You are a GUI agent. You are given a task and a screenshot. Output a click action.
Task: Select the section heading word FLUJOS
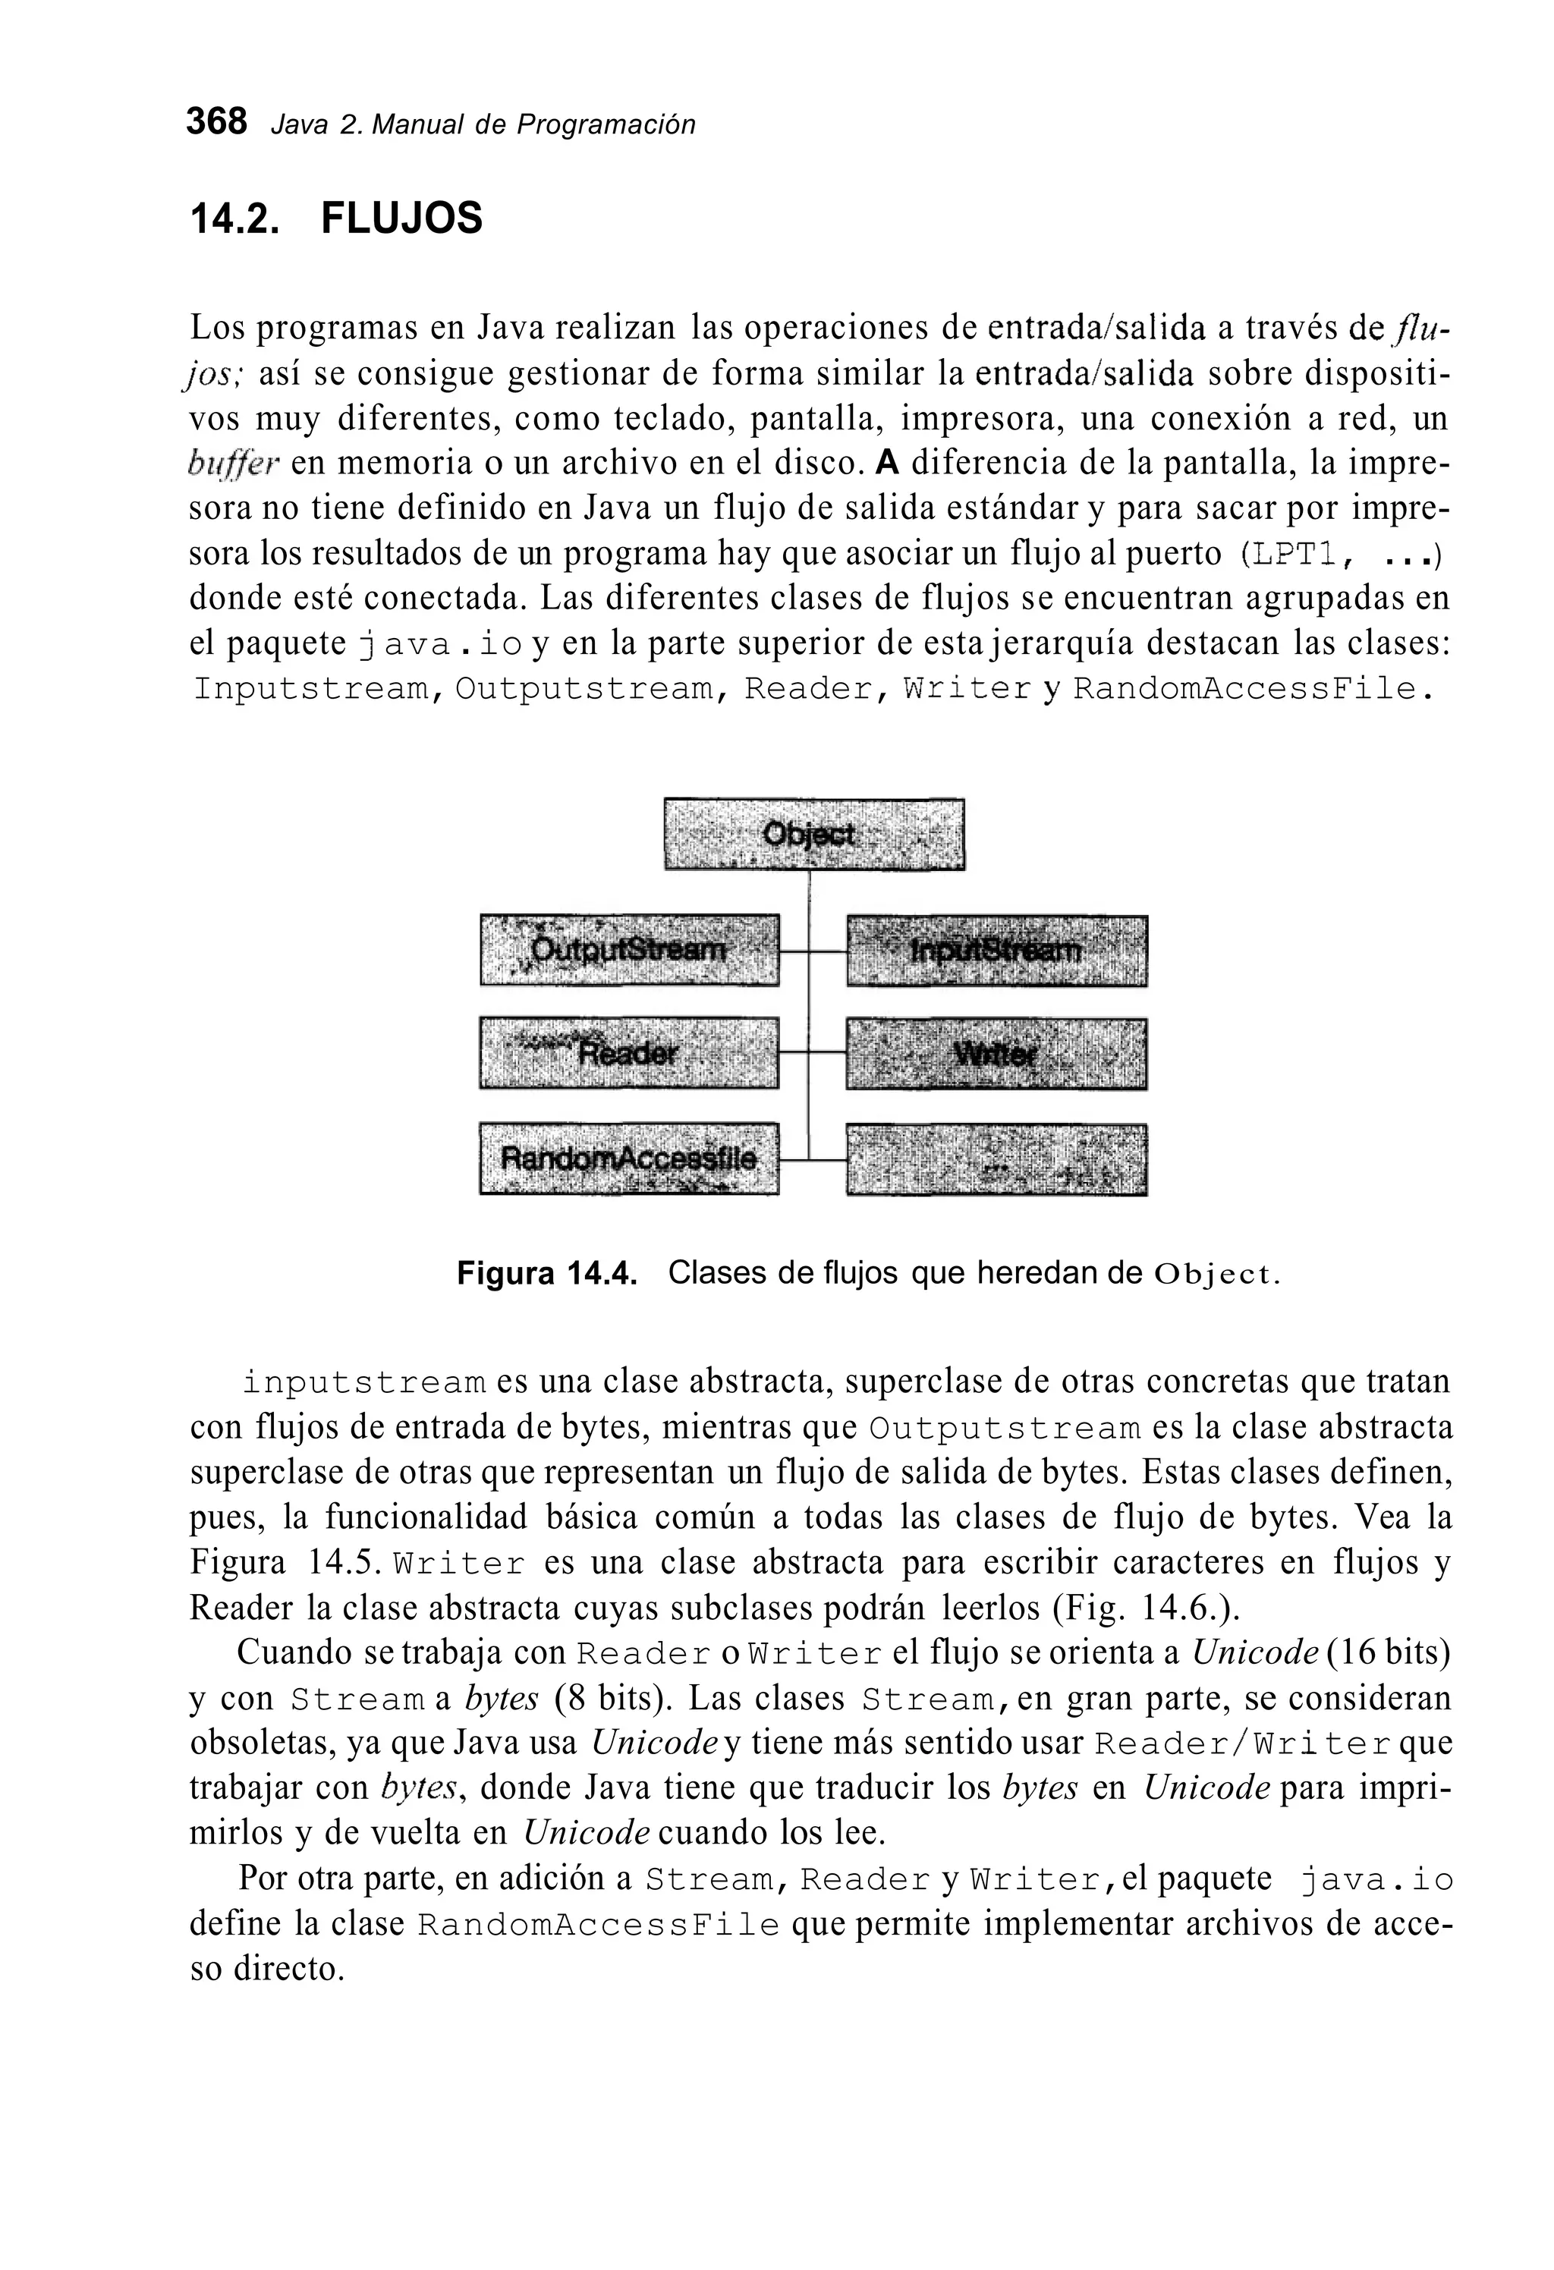pyautogui.click(x=401, y=218)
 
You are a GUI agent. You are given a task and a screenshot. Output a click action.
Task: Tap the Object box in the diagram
pyautogui.click(x=813, y=834)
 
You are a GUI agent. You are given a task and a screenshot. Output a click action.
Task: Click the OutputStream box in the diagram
pyautogui.click(x=629, y=949)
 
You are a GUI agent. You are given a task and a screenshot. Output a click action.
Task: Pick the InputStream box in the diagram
pyautogui.click(x=996, y=951)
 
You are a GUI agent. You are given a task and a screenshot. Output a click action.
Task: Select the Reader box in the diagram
pyautogui.click(x=629, y=1053)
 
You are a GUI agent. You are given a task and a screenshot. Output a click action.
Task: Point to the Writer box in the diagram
pyautogui.click(x=996, y=1054)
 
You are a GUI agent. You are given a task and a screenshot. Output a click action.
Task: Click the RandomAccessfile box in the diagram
pyautogui.click(x=629, y=1159)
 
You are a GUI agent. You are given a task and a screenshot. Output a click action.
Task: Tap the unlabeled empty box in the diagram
pyautogui.click(x=996, y=1159)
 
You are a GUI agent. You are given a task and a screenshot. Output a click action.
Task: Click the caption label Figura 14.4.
pyautogui.click(x=547, y=1275)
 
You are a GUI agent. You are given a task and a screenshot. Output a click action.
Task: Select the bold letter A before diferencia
pyautogui.click(x=886, y=462)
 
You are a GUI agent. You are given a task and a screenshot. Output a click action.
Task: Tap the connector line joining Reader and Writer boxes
pyautogui.click(x=812, y=1053)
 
